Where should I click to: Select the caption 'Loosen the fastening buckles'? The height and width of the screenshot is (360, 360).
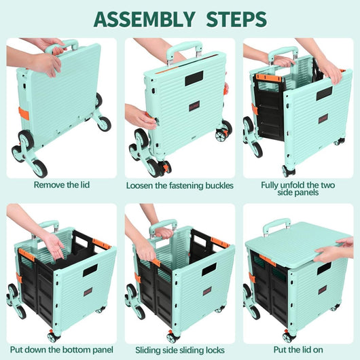pyautogui.click(x=179, y=184)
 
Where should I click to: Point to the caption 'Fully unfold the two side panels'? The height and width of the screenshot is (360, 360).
pyautogui.click(x=298, y=188)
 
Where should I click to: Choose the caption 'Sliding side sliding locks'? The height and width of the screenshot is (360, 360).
pyautogui.click(x=179, y=349)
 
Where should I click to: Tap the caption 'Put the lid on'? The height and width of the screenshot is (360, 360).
pyautogui.click(x=298, y=349)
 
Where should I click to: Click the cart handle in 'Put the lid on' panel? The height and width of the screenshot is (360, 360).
pyautogui.click(x=276, y=225)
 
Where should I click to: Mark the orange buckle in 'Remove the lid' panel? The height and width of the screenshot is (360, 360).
pyautogui.click(x=24, y=113)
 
